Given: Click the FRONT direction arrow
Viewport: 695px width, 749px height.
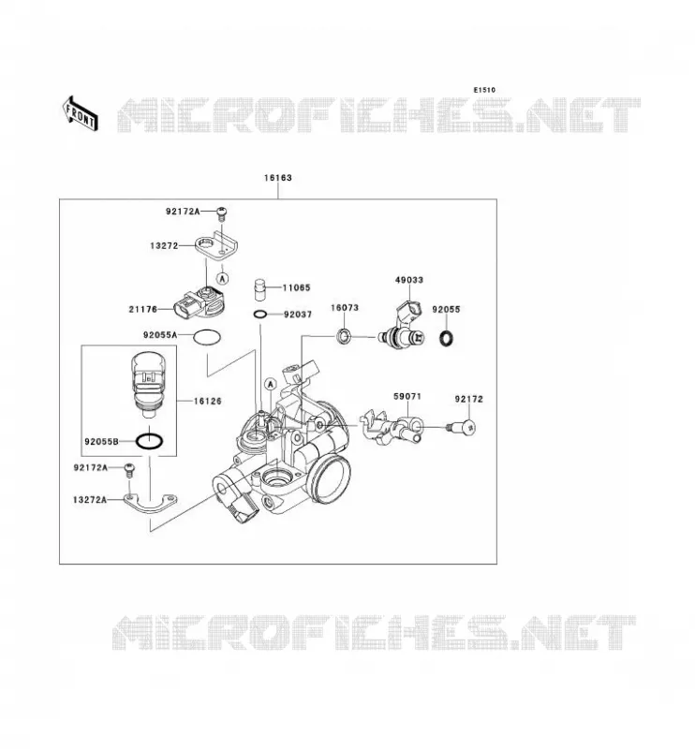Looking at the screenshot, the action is [x=81, y=112].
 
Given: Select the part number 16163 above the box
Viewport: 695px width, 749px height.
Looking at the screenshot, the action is [x=277, y=178].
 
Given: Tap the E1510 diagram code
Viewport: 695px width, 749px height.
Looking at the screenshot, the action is [x=484, y=90].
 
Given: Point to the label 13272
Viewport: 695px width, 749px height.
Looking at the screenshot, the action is [x=164, y=245].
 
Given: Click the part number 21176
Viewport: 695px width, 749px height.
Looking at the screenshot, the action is [x=143, y=309].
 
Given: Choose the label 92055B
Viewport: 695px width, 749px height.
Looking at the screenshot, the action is [x=101, y=442].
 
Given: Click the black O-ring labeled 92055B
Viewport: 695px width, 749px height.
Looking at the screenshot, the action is [x=149, y=441].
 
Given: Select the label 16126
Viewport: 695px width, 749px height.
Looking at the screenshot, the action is [x=207, y=402].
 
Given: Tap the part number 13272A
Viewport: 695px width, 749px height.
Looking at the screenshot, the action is [x=90, y=500].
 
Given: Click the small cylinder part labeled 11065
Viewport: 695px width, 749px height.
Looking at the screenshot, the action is [x=259, y=288].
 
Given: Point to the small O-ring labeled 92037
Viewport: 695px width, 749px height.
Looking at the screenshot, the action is [x=260, y=315].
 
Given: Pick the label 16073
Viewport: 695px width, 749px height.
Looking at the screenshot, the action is [x=344, y=308].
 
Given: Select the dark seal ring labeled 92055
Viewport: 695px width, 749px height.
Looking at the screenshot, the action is [x=446, y=338].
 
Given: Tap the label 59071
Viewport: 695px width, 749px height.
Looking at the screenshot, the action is [x=407, y=396].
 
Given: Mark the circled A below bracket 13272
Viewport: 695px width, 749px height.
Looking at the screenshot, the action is [x=223, y=278].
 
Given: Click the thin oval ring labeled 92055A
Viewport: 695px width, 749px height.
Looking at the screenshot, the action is [x=207, y=337].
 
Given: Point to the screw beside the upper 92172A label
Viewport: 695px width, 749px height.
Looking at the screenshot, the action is [x=221, y=213].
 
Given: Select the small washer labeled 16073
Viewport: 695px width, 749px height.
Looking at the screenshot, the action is [x=344, y=336].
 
